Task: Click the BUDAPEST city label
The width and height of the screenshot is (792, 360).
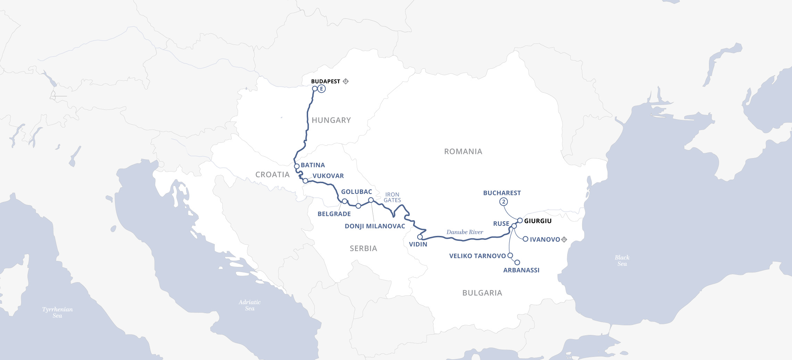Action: pos(325,81)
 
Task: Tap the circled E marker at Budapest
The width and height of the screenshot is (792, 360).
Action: pos(322,89)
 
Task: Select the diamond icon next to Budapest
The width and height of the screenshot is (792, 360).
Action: pos(346,81)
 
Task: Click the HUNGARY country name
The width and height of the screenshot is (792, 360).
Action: pos(331,120)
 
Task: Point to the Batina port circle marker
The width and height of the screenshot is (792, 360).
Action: pos(297,166)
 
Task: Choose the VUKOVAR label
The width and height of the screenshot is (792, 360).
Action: pos(328,176)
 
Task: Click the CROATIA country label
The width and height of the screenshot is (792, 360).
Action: pos(272,174)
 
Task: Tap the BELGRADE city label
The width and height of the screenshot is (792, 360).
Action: pos(334,214)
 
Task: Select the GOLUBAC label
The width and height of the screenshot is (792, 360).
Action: pos(356,191)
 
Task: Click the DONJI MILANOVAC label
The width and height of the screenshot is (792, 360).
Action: pos(375,226)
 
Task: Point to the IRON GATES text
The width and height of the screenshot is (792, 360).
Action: pos(392,197)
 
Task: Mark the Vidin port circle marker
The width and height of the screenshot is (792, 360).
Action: pos(420,237)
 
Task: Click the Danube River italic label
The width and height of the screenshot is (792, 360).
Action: pos(465,232)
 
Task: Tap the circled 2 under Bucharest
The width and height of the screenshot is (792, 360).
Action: pos(504,202)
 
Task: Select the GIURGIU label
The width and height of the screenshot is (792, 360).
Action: pos(538,221)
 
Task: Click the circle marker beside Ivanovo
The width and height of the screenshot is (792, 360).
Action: pos(526,239)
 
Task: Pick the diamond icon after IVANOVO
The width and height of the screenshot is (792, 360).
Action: pos(564,239)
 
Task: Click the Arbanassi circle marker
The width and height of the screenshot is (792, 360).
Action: pos(517,262)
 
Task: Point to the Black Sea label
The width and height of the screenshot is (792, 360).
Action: pos(622,260)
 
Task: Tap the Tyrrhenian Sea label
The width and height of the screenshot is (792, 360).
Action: pos(57,312)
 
